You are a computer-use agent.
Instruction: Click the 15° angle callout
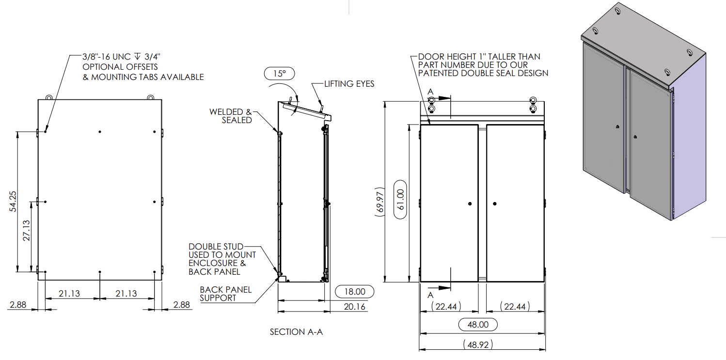coord(279,74)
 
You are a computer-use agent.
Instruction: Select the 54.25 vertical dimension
coord(13,201)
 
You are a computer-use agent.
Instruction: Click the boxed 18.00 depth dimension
coord(354,292)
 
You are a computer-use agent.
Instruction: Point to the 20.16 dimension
coord(354,306)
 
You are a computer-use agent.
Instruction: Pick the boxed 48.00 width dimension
coord(477,325)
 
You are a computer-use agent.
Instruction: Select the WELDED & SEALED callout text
coord(231,116)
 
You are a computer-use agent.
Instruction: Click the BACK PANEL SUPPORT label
coord(225,294)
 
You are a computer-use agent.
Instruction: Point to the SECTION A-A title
coord(296,332)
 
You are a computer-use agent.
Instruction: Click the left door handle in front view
coord(470,204)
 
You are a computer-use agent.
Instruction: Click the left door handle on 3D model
coord(616,127)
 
